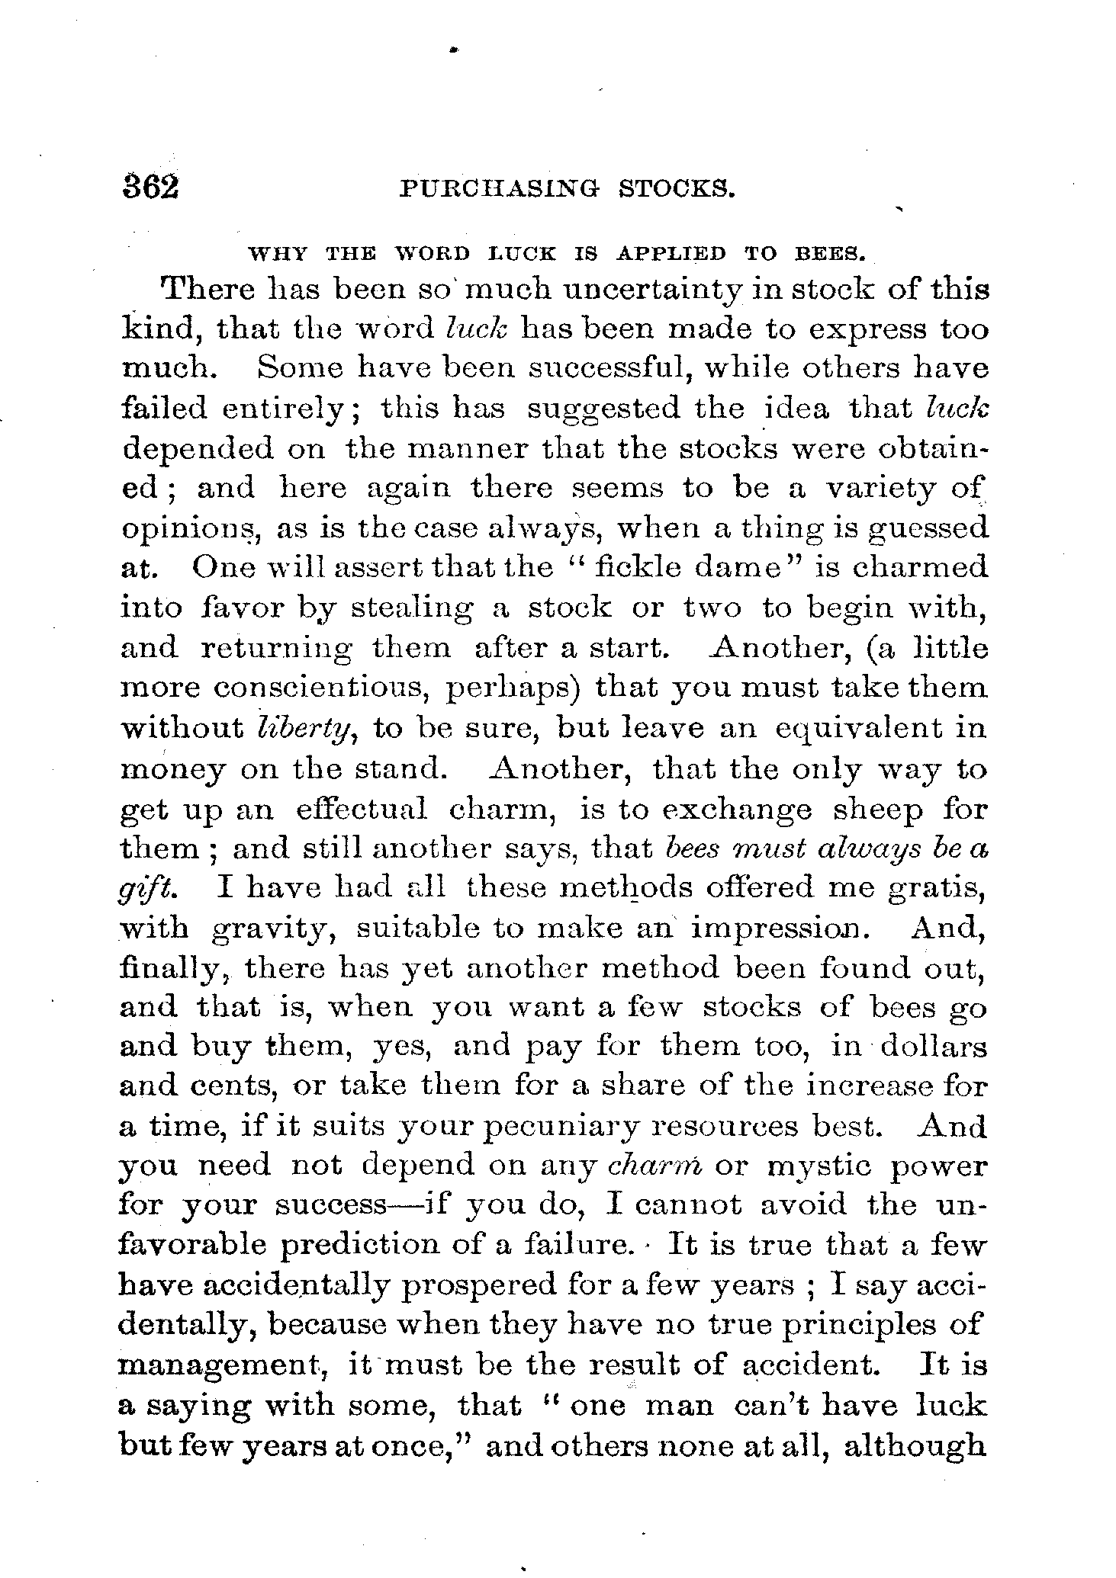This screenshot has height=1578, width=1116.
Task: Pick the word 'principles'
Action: click(x=857, y=1324)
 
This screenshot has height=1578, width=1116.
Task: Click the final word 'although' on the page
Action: click(x=914, y=1445)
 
